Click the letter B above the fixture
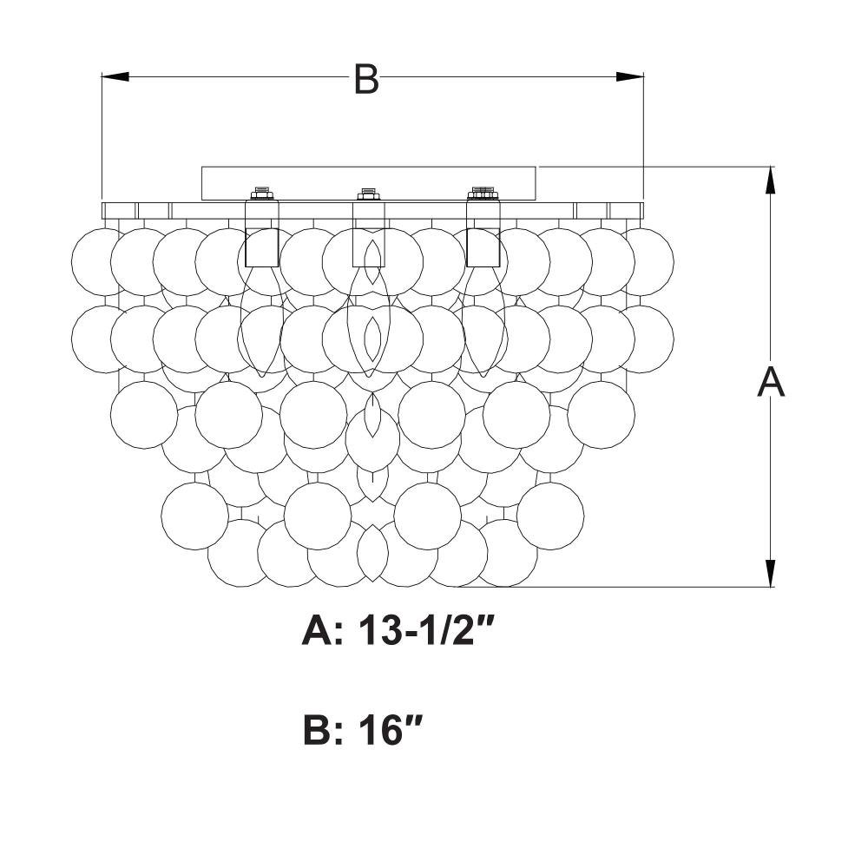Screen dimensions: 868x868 366,79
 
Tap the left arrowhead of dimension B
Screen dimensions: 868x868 115,77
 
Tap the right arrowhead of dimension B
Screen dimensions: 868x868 630,77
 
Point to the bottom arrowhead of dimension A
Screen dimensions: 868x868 769,573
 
